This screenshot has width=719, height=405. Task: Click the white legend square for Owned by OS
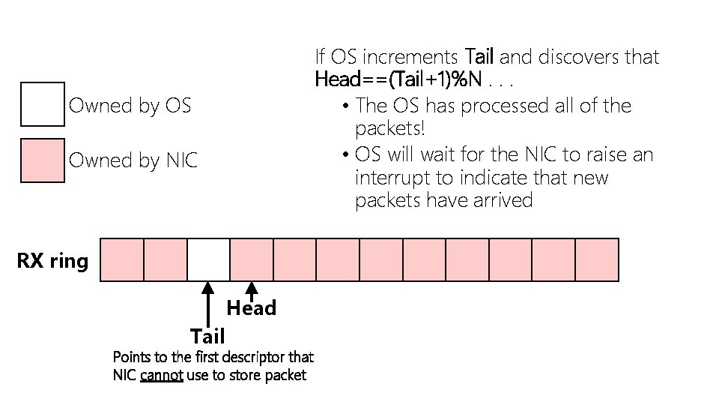click(x=43, y=105)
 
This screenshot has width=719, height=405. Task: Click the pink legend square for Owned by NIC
click(x=43, y=160)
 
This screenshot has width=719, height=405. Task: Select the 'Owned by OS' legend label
click(x=130, y=106)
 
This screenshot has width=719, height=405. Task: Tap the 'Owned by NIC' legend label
click(x=133, y=160)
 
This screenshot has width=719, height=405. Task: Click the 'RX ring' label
click(x=52, y=261)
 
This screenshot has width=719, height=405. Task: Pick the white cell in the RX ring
click(x=208, y=259)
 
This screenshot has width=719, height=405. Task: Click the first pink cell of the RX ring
click(x=121, y=259)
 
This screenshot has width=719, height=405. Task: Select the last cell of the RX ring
click(x=597, y=259)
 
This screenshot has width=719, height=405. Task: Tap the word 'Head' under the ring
click(x=252, y=308)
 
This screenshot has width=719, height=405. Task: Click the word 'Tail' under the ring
click(x=207, y=335)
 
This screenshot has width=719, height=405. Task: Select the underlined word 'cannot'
click(x=162, y=375)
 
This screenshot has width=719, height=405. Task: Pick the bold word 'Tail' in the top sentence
click(x=480, y=57)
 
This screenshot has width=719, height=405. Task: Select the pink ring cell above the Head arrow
click(x=252, y=259)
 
